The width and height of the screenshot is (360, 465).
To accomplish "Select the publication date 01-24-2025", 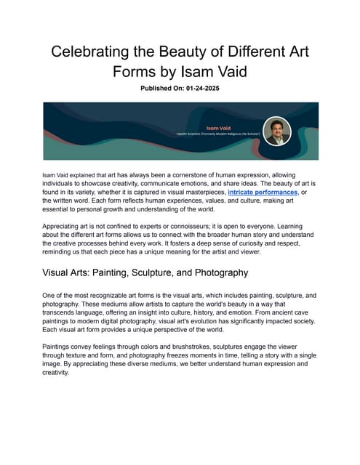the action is (204, 89).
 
